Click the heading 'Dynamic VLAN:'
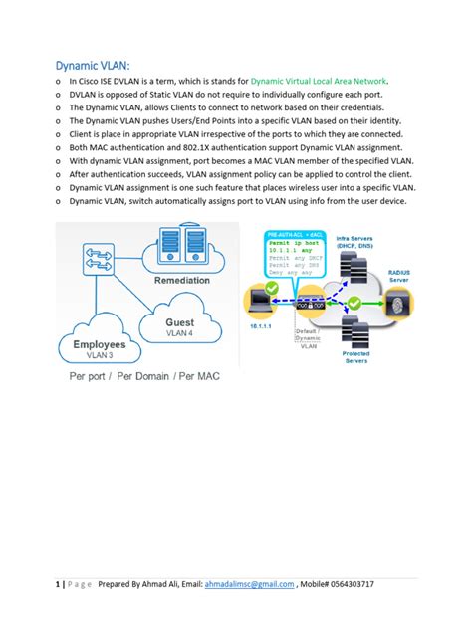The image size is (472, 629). pyautogui.click(x=93, y=61)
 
